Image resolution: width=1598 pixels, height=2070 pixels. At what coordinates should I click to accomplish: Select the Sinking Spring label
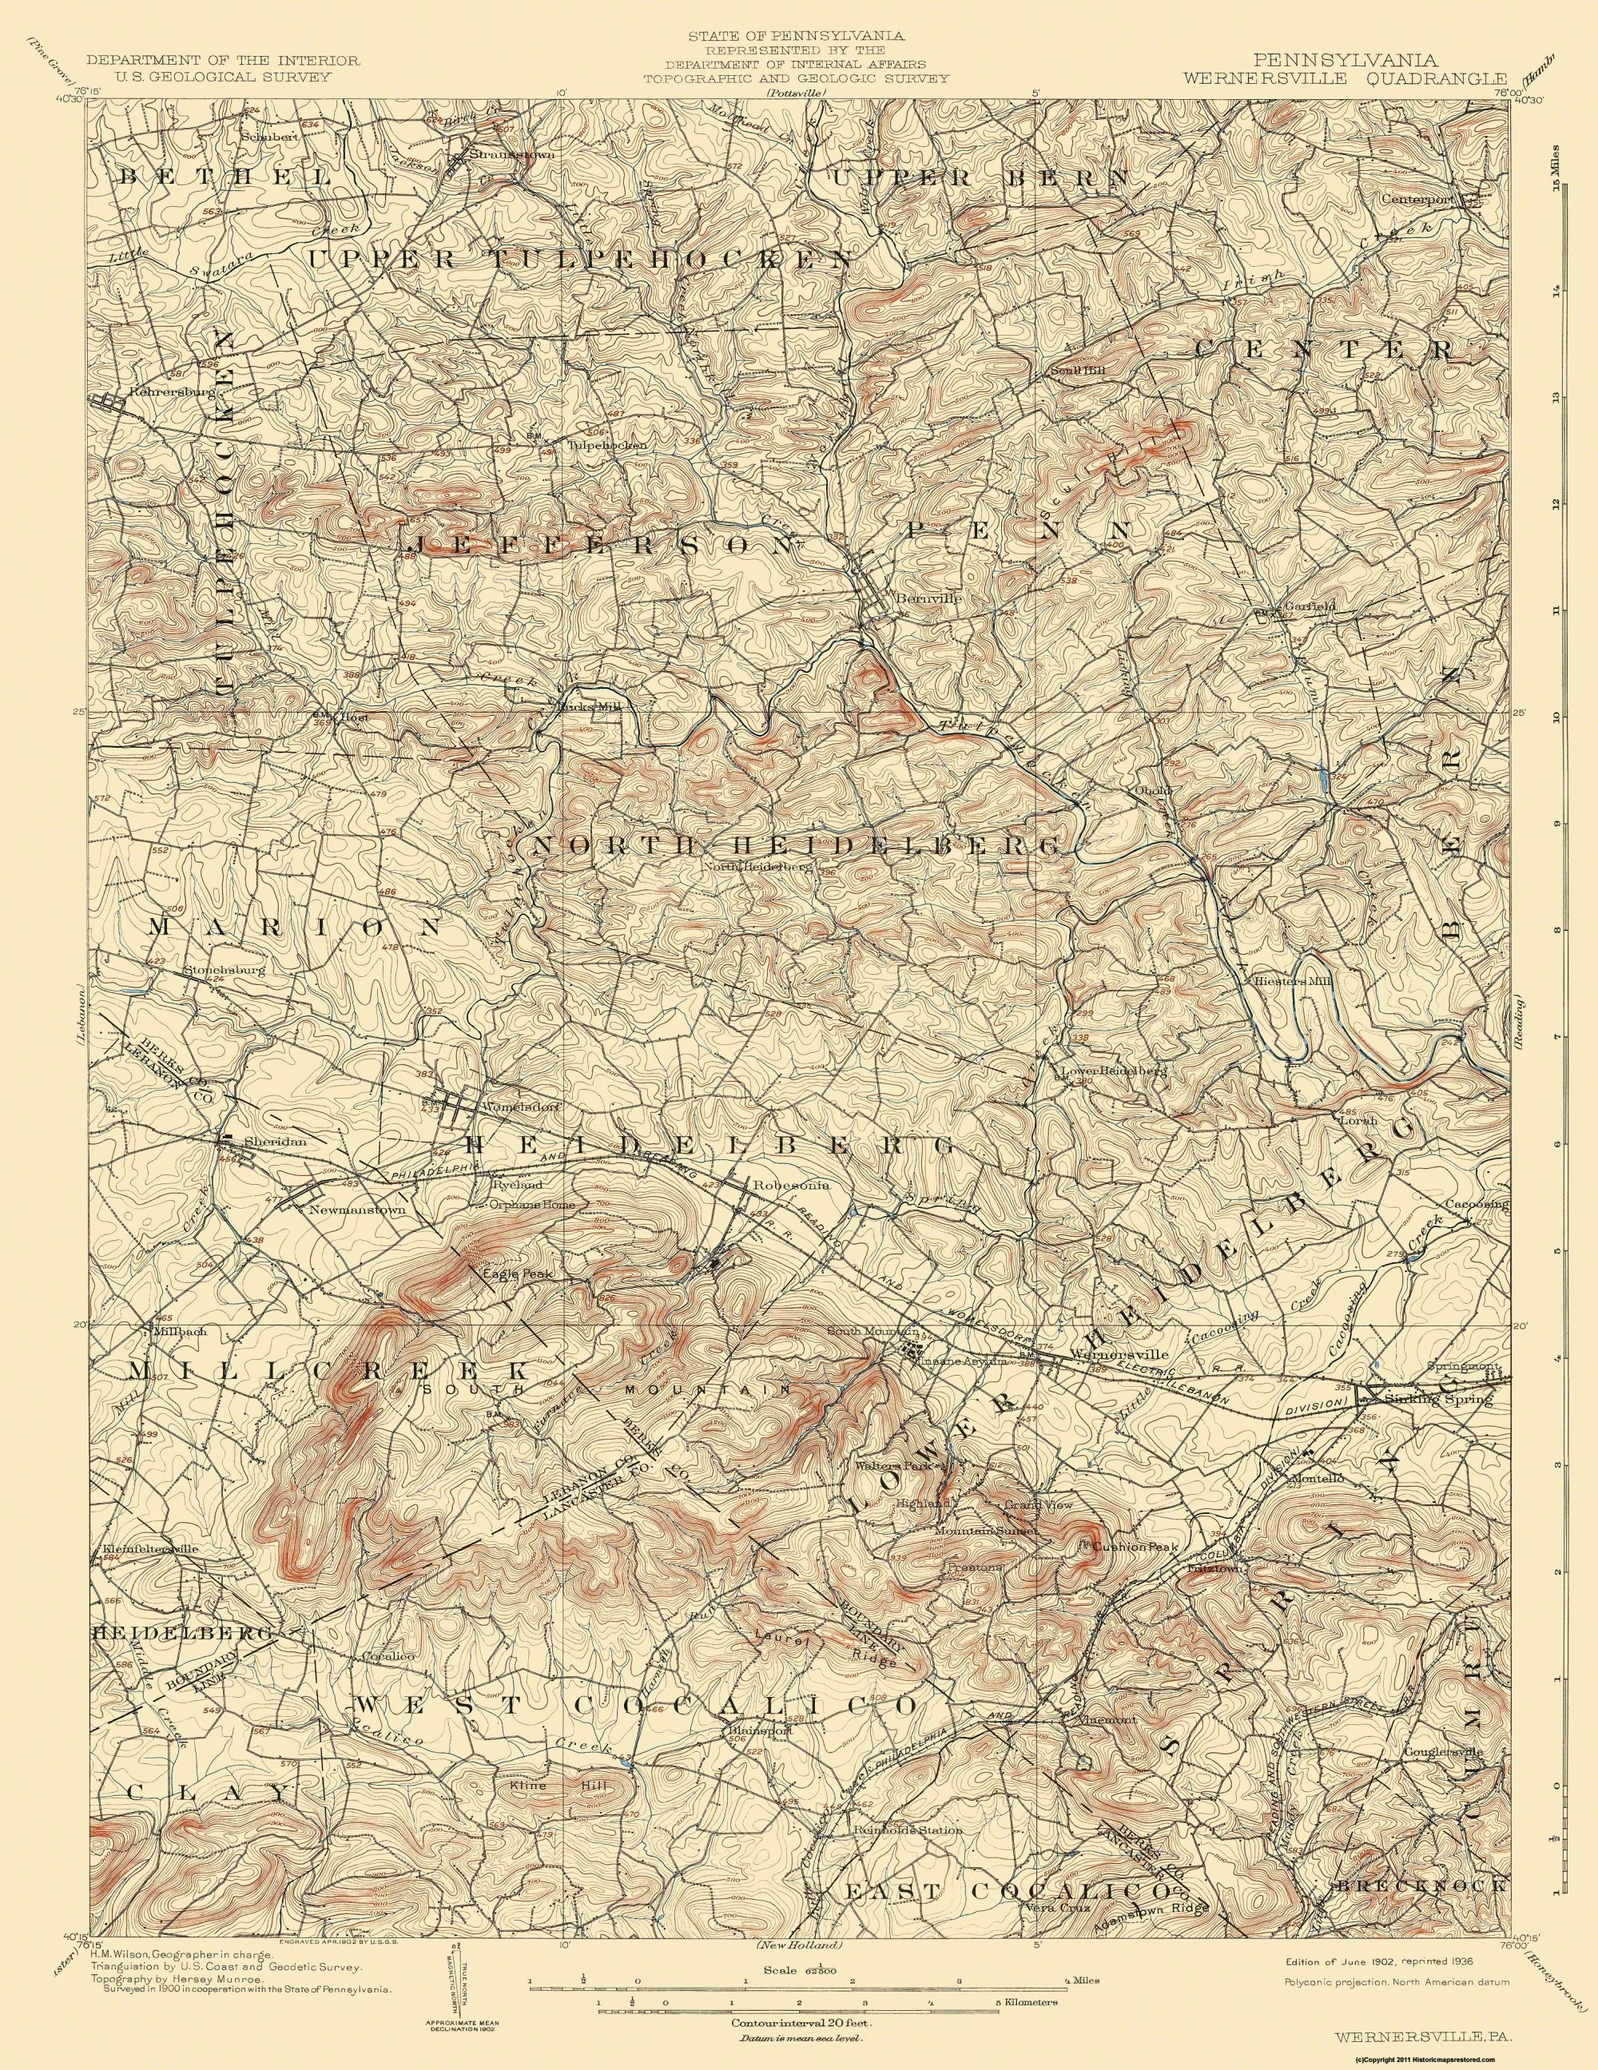(x=1445, y=1398)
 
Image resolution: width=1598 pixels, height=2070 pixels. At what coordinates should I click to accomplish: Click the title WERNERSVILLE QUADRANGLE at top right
(x=1343, y=77)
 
